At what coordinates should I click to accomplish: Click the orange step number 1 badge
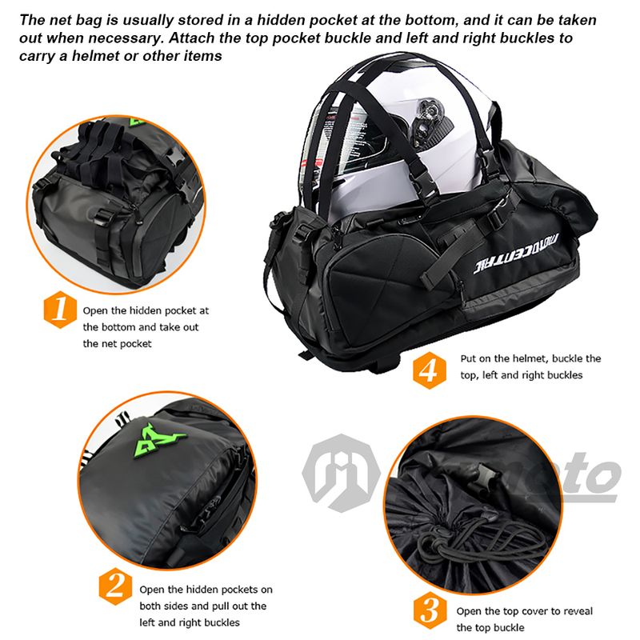[x=60, y=310]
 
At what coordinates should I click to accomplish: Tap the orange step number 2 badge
[x=115, y=586]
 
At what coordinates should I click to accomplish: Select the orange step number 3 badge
[x=430, y=610]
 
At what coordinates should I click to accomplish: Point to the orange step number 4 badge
[x=430, y=370]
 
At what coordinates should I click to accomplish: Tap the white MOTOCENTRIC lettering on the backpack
[x=516, y=254]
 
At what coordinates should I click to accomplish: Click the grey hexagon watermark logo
[x=341, y=474]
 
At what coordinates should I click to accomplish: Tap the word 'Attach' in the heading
[x=190, y=38]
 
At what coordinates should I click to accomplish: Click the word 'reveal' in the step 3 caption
[x=578, y=611]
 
